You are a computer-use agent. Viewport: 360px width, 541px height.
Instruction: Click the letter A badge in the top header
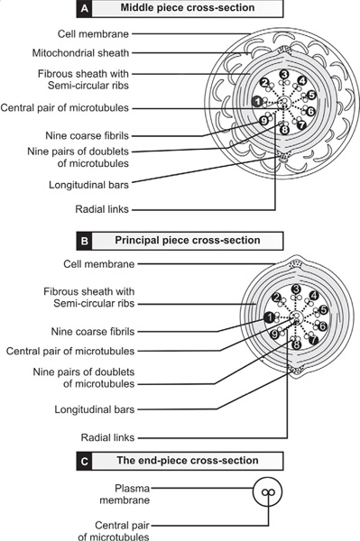(x=85, y=9)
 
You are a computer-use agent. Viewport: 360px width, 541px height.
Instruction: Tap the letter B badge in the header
(x=85, y=241)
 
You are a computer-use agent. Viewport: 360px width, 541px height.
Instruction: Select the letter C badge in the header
(x=85, y=462)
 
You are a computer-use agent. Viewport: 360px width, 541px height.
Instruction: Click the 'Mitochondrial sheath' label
(x=80, y=53)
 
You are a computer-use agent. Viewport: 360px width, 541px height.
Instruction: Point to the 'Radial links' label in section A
(x=102, y=209)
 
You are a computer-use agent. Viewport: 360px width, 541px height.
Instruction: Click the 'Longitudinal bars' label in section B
(x=94, y=409)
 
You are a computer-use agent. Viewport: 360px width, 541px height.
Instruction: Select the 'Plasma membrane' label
(x=125, y=494)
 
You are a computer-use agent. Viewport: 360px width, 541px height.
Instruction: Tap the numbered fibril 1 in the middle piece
(x=256, y=102)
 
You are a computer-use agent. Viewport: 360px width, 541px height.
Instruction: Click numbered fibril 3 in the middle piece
(x=284, y=74)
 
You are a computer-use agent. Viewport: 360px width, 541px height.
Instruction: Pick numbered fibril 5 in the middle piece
(x=311, y=95)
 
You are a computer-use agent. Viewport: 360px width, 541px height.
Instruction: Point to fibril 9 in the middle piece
(x=263, y=121)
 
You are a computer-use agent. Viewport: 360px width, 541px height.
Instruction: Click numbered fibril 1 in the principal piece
(x=269, y=317)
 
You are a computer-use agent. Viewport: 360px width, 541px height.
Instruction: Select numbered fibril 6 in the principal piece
(x=323, y=326)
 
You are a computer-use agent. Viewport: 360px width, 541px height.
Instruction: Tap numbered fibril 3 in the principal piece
(x=296, y=289)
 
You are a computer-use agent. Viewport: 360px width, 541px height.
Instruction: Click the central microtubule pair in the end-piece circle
(x=267, y=492)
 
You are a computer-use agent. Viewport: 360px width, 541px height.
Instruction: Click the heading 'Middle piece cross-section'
(x=188, y=8)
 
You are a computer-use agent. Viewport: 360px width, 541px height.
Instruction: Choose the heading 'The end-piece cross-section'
(x=188, y=461)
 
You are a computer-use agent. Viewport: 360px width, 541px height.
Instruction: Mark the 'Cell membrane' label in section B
(x=99, y=264)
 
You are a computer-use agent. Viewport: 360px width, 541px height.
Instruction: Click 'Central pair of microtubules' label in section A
(x=65, y=108)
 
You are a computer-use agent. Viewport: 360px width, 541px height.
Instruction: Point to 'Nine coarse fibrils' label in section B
(x=93, y=332)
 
